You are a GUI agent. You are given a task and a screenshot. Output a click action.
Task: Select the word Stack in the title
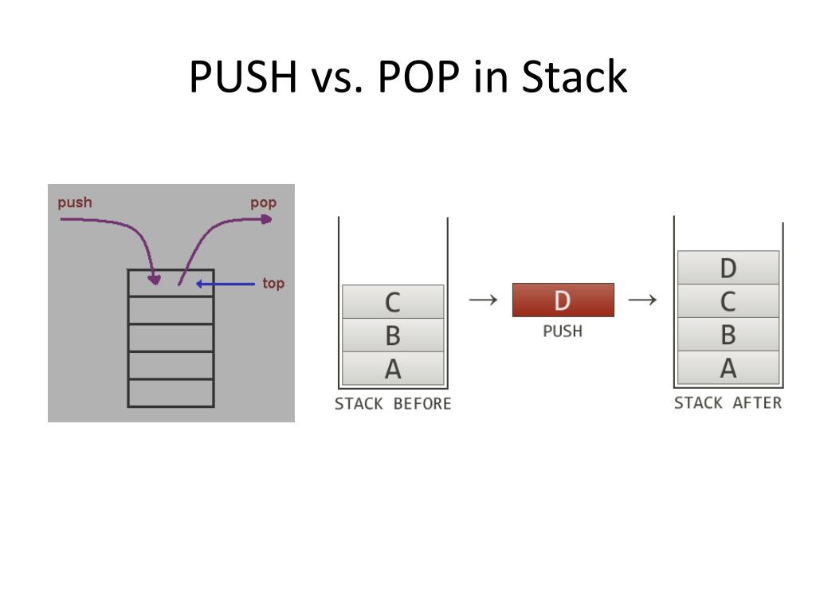574,78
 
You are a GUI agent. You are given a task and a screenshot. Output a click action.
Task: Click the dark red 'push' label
75,202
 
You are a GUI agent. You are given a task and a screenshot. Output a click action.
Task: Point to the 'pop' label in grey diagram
264,202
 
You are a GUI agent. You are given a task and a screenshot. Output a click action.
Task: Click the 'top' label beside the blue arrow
273,284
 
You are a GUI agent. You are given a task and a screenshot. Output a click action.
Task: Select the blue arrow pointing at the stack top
226,284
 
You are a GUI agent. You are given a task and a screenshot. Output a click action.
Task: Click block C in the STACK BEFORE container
393,302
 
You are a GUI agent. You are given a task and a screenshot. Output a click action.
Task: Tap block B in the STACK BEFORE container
393,335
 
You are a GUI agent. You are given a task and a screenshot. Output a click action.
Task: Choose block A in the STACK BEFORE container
393,369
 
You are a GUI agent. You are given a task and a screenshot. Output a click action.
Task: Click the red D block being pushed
563,300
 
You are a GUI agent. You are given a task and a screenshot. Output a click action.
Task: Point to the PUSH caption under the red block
563,331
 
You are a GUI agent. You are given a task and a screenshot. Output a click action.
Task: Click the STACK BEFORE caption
393,404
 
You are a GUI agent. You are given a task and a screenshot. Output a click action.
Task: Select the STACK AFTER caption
728,403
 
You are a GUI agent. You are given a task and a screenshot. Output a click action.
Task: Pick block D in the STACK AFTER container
728,268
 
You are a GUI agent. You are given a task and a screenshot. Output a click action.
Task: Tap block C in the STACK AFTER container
728,301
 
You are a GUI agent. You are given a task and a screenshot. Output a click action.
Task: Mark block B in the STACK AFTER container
728,335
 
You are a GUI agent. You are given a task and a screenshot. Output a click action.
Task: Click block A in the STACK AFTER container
728,368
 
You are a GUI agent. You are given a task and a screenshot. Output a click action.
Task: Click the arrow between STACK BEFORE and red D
482,300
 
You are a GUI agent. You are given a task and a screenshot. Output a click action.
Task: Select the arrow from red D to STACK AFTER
642,300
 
